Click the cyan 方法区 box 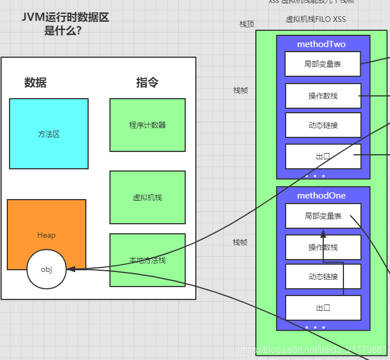[x=49, y=133]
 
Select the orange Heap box [x=47, y=227]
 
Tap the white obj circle [x=47, y=269]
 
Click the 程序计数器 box [x=148, y=125]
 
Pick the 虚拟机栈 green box [x=148, y=197]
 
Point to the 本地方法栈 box [x=148, y=260]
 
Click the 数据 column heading [x=35, y=83]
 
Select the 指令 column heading [x=147, y=83]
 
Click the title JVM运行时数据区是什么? [x=65, y=24]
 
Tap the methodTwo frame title [x=322, y=44]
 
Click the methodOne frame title [x=322, y=196]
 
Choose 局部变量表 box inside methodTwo [x=323, y=64]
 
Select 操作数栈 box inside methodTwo [x=323, y=96]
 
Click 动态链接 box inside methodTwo [x=323, y=125]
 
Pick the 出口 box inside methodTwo [x=323, y=156]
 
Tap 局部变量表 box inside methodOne [x=323, y=216]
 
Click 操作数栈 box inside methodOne [x=323, y=247]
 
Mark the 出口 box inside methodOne [x=323, y=308]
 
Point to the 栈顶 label [x=247, y=24]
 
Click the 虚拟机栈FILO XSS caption [x=316, y=20]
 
